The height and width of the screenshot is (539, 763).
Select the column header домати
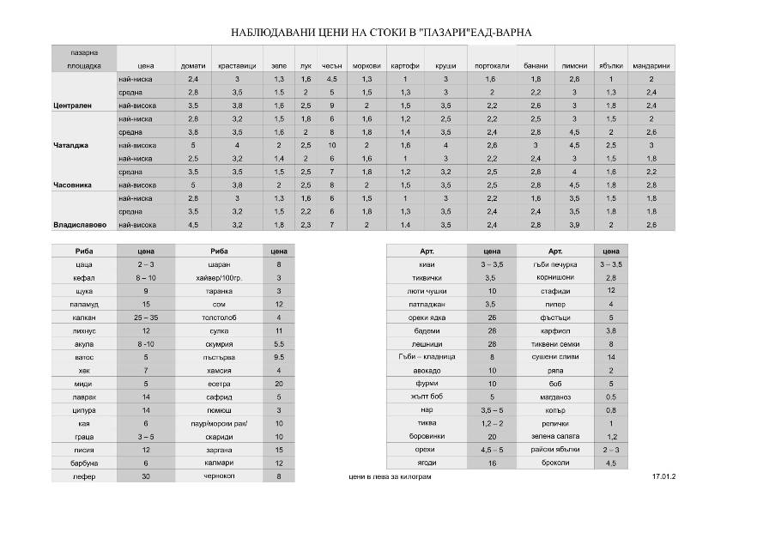tap(193, 65)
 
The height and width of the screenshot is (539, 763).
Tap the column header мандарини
tap(651, 65)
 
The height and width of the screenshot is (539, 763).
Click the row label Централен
tap(73, 106)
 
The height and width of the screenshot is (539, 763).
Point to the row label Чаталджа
tap(71, 145)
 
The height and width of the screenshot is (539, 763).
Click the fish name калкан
tap(84, 318)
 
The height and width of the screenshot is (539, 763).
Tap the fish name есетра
tap(219, 384)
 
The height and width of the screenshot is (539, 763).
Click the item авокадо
tap(427, 370)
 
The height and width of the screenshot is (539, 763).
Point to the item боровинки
tap(427, 436)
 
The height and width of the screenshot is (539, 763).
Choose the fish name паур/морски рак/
tap(219, 423)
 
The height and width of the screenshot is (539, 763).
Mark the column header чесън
tap(332, 65)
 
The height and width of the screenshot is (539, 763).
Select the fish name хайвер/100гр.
tap(219, 278)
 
